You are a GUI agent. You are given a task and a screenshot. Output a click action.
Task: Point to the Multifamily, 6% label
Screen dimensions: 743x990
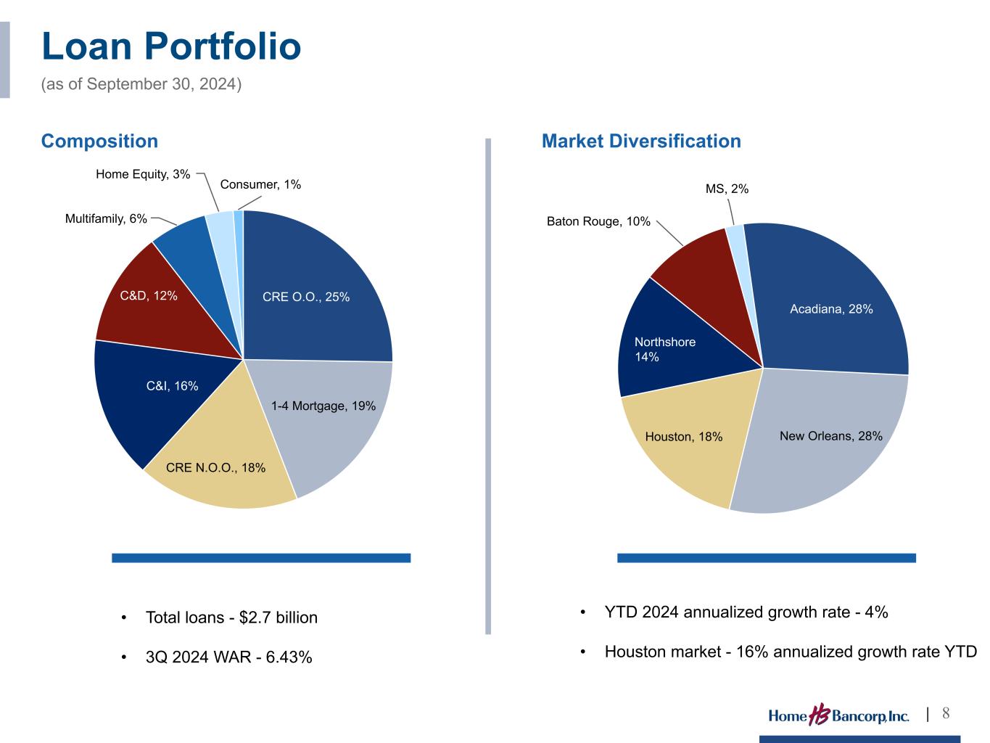106,218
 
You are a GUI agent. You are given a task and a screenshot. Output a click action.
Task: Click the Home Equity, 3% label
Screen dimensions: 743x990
143,174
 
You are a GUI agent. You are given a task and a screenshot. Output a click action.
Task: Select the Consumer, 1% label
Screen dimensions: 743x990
260,185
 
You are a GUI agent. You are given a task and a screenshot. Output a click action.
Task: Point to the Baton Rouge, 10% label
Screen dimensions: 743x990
598,221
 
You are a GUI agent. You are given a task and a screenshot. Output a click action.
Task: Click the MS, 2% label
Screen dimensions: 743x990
727,189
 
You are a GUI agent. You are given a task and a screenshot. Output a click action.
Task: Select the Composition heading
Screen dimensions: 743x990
99,141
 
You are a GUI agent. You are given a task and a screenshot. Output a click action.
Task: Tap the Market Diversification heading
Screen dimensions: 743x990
641,141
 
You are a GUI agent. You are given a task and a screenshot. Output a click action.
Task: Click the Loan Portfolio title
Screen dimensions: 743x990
171,46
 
